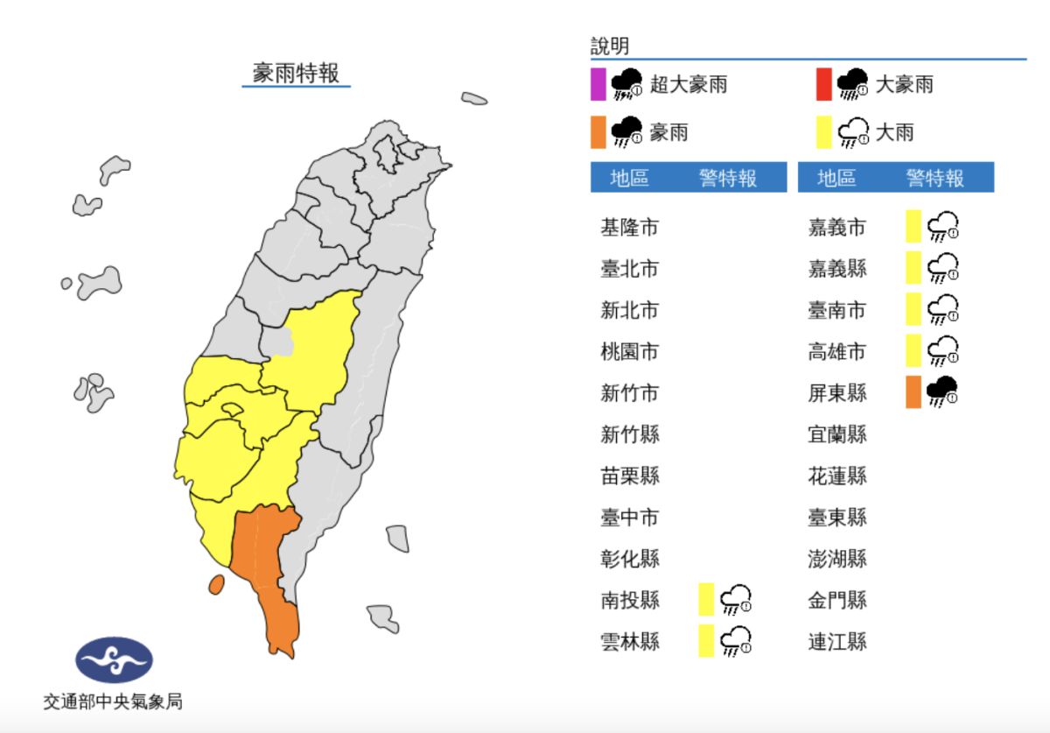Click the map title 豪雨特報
point(296,72)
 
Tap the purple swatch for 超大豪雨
point(598,84)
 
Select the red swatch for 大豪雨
point(823,84)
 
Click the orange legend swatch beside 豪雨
point(598,132)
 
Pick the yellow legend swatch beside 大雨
point(823,132)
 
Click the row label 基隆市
point(629,228)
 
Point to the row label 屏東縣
point(837,392)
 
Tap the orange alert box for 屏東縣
point(913,391)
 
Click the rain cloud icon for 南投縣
point(736,600)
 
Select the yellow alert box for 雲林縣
point(706,641)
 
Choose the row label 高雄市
point(837,351)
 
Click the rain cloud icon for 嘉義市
point(943,227)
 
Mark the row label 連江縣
point(837,641)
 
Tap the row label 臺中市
point(629,517)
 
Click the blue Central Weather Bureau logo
point(114,659)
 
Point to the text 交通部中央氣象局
point(114,701)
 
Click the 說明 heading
point(610,46)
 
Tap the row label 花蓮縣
point(837,476)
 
